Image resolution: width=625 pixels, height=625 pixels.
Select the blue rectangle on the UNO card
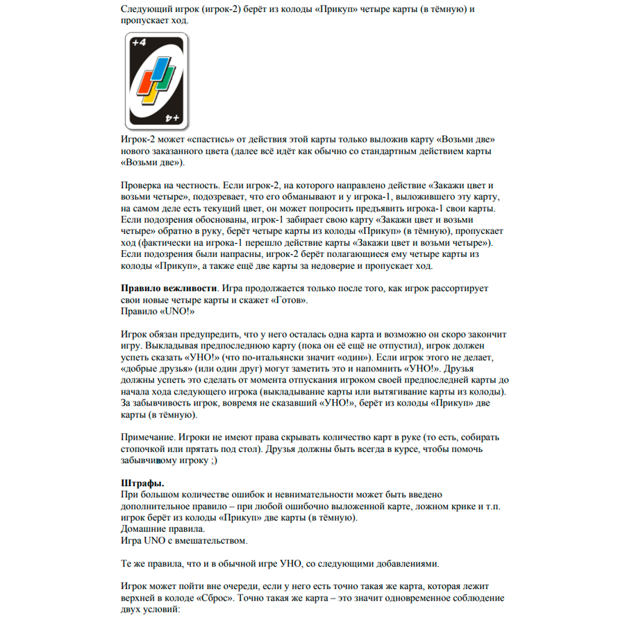coord(162,69)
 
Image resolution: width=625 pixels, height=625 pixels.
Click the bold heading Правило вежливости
coord(169,287)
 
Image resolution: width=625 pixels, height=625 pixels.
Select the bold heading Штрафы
coord(143,483)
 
